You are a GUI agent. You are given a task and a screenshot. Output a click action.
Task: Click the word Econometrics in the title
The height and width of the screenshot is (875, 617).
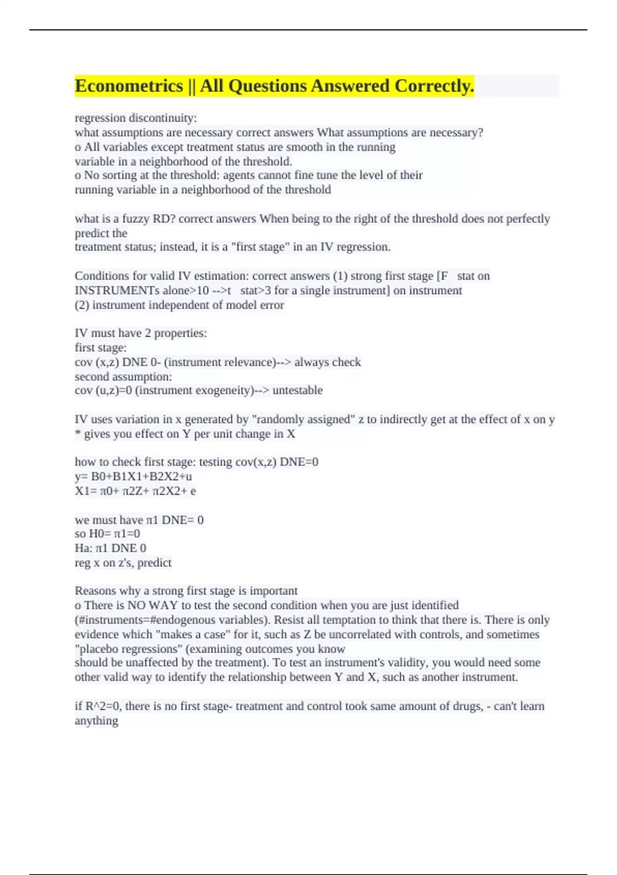(129, 86)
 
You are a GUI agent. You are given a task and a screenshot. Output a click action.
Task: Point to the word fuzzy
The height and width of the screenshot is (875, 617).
(135, 219)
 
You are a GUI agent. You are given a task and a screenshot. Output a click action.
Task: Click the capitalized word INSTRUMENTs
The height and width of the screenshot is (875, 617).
(117, 290)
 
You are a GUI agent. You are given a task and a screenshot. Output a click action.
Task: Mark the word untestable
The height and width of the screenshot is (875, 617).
(297, 390)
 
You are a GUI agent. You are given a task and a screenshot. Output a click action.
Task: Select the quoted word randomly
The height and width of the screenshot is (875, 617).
(278, 419)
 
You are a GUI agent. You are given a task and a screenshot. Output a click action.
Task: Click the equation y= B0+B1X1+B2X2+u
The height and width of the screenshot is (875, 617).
(133, 476)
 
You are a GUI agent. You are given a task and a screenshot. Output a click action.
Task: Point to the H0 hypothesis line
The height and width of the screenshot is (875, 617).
(107, 534)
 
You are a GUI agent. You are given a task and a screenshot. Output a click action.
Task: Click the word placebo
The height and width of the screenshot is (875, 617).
(99, 649)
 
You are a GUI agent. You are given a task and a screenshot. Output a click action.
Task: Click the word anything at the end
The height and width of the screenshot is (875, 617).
(96, 721)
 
